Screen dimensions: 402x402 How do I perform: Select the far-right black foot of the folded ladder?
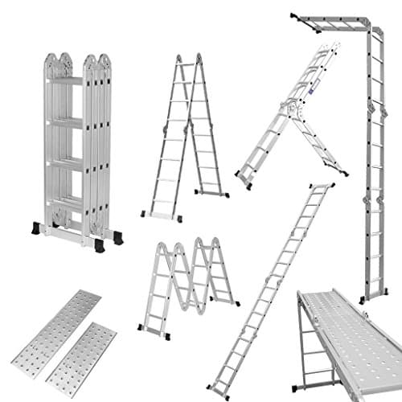click(118, 238)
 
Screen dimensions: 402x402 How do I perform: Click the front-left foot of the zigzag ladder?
click(143, 329)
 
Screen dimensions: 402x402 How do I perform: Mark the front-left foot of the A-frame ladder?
click(145, 214)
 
